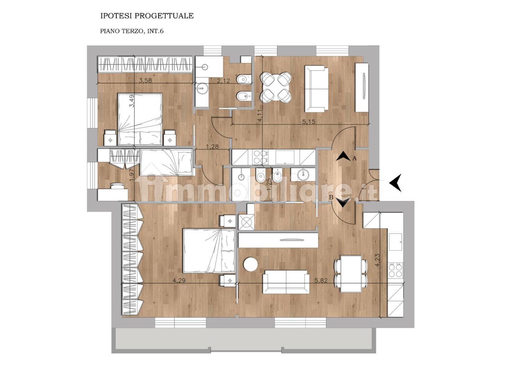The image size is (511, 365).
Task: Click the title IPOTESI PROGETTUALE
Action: coord(147,16)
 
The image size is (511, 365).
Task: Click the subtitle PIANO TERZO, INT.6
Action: coord(132,31)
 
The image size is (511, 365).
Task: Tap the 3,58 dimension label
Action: coord(146,80)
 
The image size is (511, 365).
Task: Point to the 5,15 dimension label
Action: coord(309,122)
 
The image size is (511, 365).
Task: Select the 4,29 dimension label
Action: coord(179,281)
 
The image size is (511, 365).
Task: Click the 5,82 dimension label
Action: coord(321,281)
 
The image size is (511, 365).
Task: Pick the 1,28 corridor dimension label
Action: coord(212,146)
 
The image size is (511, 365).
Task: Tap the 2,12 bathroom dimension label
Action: coord(223,81)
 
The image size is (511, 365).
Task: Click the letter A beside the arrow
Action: coord(354,158)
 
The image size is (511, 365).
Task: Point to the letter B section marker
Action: coord(331,197)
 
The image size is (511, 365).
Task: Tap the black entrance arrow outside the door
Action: coord(395,182)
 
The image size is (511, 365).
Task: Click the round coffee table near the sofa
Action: coord(251,264)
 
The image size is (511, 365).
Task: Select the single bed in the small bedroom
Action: coord(167,162)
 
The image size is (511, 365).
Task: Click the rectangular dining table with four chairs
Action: coord(351,274)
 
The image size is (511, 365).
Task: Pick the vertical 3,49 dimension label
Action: coord(132,101)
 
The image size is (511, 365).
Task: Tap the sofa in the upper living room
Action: coord(317,89)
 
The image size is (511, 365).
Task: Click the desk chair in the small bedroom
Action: coord(116,186)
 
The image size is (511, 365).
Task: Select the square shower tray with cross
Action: coord(246,222)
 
